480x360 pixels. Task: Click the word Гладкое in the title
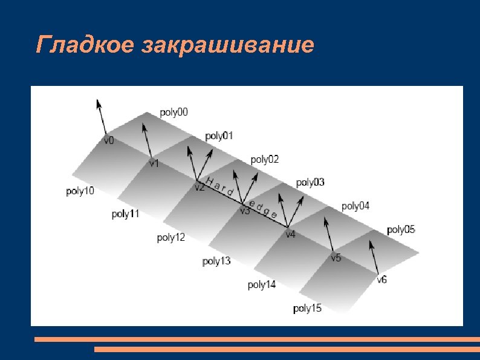click(86, 44)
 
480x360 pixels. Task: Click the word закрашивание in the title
click(229, 45)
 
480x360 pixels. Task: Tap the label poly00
click(174, 113)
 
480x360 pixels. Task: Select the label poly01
click(219, 136)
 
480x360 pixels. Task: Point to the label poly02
click(265, 160)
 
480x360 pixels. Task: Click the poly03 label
click(310, 182)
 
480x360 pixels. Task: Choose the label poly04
click(355, 206)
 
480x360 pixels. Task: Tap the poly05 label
click(401, 230)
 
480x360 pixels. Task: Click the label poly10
click(80, 191)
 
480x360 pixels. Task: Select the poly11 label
click(125, 214)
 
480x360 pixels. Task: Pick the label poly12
click(171, 238)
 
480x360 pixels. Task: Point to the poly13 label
click(216, 261)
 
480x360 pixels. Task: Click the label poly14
click(262, 285)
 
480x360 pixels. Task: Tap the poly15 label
click(307, 309)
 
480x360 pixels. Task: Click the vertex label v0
click(109, 140)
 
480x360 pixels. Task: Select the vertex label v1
click(154, 163)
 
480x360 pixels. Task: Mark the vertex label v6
click(382, 280)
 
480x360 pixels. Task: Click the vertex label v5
click(336, 258)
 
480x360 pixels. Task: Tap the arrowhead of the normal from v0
click(98, 103)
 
